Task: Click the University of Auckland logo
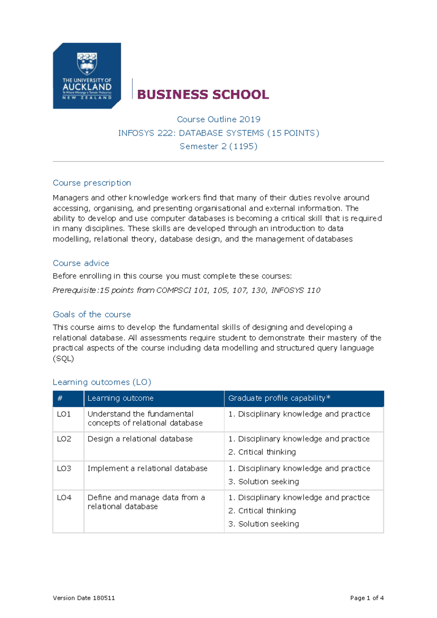87,76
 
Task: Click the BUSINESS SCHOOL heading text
203,95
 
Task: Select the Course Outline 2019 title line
219,119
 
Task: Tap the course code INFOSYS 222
145,133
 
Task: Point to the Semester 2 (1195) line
219,146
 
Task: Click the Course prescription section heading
92,183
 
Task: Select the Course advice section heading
81,263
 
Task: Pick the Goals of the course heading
92,314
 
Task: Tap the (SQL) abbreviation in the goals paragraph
63,359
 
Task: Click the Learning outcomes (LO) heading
102,382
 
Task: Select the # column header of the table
60,398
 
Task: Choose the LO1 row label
64,414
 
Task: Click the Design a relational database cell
140,439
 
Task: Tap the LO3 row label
64,468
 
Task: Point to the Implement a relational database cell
147,468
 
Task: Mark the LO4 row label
64,497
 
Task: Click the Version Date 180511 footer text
84,598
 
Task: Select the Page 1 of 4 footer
367,598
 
